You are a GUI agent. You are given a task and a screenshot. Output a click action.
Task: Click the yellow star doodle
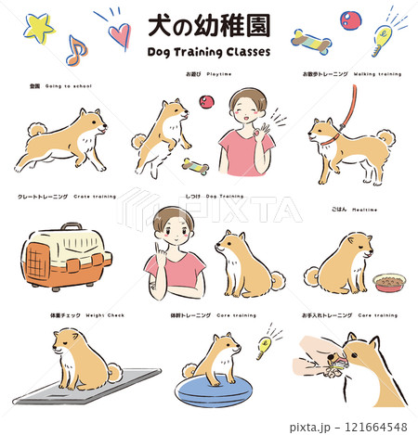[38, 29]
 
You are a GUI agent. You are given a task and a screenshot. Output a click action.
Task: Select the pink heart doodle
[119, 34]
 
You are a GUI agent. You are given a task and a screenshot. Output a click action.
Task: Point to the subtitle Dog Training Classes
[209, 52]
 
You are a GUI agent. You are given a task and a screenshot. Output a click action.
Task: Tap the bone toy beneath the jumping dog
[194, 167]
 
